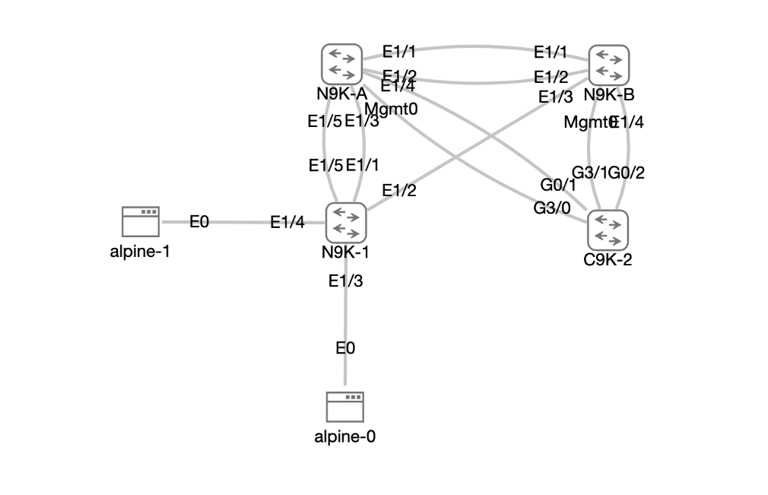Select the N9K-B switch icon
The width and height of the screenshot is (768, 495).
[x=609, y=65]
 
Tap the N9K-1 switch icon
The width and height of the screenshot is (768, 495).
[x=346, y=222]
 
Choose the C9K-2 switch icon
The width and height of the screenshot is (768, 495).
[x=608, y=230]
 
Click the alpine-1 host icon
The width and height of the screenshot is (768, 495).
[x=140, y=222]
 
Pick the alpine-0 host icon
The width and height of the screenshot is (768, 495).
[x=345, y=408]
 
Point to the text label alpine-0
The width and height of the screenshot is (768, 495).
[x=345, y=436]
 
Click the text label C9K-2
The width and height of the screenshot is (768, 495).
[x=608, y=259]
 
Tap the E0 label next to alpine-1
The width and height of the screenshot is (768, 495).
[x=199, y=221]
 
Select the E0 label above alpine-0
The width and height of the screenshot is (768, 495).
[x=345, y=348]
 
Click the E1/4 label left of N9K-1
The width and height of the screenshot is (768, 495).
[x=287, y=222]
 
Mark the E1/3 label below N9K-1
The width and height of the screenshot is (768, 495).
[x=345, y=281]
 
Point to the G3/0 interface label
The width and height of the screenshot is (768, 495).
[x=551, y=208]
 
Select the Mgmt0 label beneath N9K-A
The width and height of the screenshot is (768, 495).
[x=397, y=108]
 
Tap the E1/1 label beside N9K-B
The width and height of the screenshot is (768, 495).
[x=551, y=52]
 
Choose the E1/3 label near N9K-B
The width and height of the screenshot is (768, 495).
[x=555, y=97]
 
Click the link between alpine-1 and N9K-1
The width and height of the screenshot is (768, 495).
[x=236, y=222]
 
